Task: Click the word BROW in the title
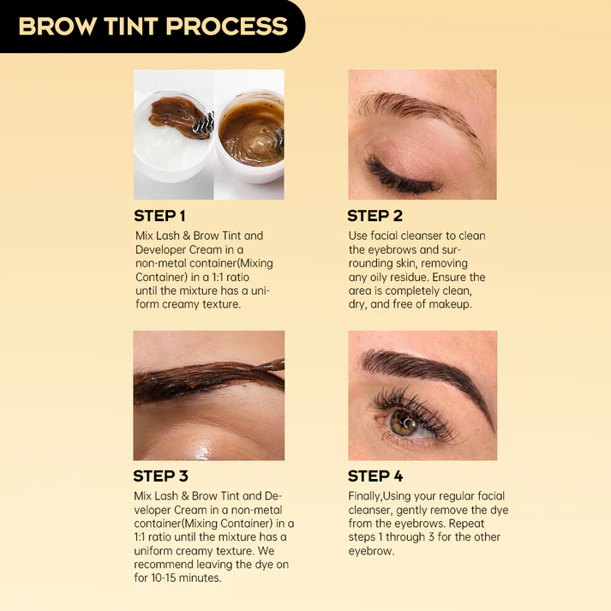pyautogui.click(x=58, y=26)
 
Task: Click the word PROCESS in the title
pyautogui.click(x=227, y=26)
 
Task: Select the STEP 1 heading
pyautogui.click(x=159, y=216)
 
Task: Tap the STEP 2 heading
pyautogui.click(x=374, y=216)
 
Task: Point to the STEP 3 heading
pyautogui.click(x=160, y=476)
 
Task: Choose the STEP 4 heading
pyautogui.click(x=375, y=476)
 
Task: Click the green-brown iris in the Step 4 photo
pyautogui.click(x=404, y=422)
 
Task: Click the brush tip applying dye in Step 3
pyautogui.click(x=273, y=365)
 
